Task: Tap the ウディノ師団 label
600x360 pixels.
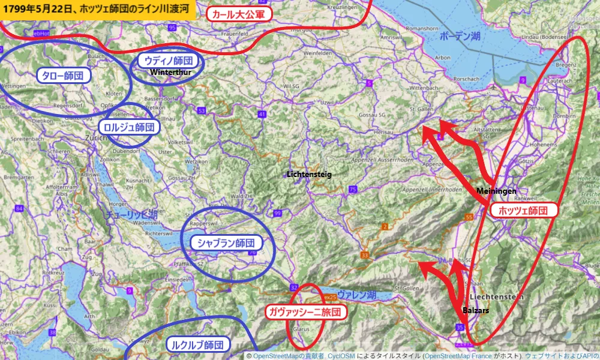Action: click(168, 61)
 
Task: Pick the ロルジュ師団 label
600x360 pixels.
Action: click(129, 127)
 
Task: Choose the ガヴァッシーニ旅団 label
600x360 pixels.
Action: click(305, 312)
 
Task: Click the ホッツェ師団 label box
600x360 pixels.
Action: click(524, 211)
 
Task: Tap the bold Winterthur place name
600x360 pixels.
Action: click(170, 72)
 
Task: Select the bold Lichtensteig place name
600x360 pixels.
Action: click(309, 174)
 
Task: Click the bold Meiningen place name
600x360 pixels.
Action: click(497, 191)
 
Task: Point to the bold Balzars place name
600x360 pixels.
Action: click(476, 311)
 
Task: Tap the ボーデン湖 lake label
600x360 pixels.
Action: click(460, 37)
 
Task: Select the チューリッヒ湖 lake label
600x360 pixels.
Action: click(131, 214)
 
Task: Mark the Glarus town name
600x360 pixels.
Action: click(301, 329)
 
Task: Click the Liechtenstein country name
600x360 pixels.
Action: click(497, 297)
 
